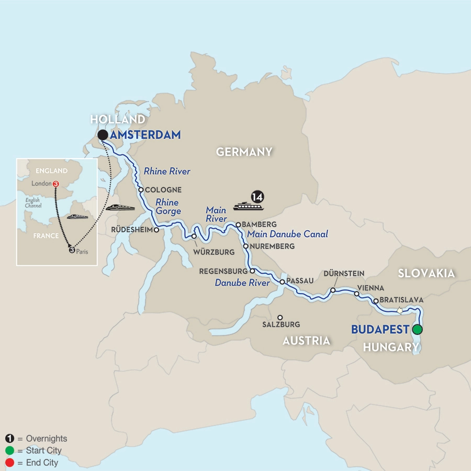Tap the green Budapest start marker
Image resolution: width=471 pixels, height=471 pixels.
tap(417, 330)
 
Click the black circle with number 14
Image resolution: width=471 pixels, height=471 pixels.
tap(257, 197)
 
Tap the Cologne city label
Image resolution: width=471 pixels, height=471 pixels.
tap(164, 190)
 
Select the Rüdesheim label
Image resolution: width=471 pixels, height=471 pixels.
tap(133, 229)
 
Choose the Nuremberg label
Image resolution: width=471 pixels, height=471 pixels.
tap(273, 246)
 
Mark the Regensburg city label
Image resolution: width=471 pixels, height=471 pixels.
tap(223, 272)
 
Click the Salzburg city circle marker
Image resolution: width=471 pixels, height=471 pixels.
tap(280, 317)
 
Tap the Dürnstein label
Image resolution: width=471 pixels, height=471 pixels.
tap(344, 273)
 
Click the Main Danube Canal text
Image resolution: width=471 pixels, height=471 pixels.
tap(287, 234)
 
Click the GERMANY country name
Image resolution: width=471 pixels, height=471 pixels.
tap(244, 152)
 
